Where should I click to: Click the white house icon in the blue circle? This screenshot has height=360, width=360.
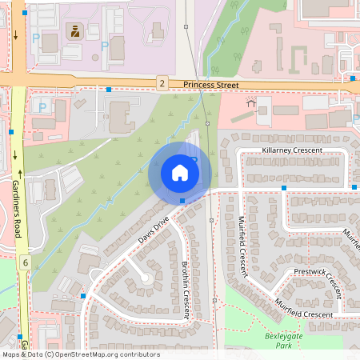(180, 173)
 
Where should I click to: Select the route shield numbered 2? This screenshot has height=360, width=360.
(162, 83)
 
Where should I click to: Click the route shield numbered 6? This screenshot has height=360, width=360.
(26, 262)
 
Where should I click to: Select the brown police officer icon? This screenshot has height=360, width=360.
(74, 31)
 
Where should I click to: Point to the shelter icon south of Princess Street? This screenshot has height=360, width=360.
(252, 102)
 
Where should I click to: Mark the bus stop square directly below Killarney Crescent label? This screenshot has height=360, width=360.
(284, 187)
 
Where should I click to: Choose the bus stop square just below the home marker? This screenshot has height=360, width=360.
(182, 201)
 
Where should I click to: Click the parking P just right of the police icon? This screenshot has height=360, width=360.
(104, 46)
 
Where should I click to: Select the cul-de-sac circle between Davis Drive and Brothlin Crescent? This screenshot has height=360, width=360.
(144, 277)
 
